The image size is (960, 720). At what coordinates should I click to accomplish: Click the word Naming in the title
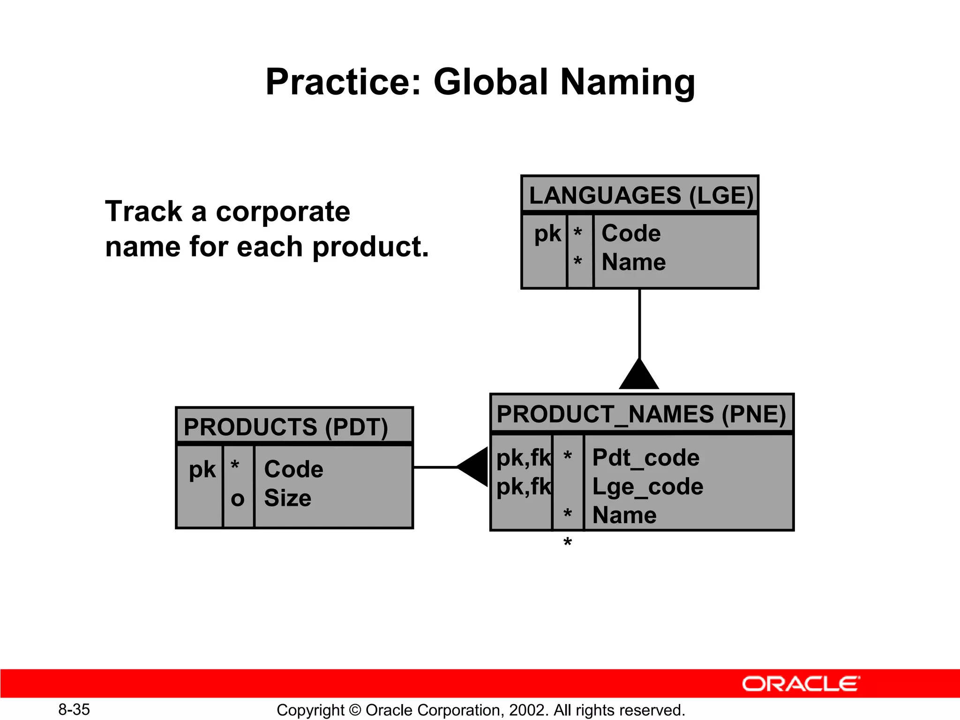click(x=627, y=82)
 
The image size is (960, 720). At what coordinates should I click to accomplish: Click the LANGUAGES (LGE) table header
click(x=640, y=195)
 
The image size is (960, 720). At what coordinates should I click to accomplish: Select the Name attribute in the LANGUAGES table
click(x=633, y=262)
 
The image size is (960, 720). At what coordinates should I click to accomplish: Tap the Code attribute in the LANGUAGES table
click(x=631, y=233)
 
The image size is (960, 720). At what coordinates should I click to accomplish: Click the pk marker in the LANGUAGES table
click(x=547, y=233)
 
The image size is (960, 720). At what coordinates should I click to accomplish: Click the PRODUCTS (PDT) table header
click(x=285, y=427)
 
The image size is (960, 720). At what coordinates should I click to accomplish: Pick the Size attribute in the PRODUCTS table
click(x=287, y=498)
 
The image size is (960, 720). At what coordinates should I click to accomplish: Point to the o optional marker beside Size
click(x=238, y=499)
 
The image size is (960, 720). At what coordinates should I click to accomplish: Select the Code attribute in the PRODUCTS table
click(x=293, y=469)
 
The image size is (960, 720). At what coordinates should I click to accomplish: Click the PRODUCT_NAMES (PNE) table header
click(x=641, y=414)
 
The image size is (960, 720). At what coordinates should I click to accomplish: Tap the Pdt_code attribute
click(x=645, y=457)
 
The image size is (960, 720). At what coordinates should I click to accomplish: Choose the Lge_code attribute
click(x=647, y=487)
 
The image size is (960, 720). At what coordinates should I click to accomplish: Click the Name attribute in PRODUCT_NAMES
click(x=624, y=515)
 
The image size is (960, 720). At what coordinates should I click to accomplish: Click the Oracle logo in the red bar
click(x=801, y=684)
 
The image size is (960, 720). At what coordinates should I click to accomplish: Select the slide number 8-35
click(x=74, y=709)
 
